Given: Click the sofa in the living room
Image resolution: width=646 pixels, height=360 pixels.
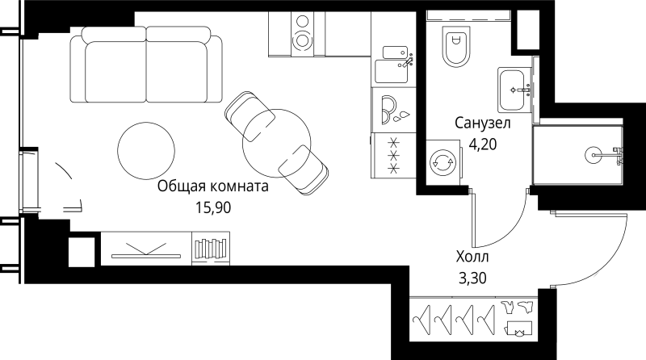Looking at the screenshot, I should pos(146,65).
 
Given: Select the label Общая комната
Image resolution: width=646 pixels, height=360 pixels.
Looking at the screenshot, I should pos(212,186).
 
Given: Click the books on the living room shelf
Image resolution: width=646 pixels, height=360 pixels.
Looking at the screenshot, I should pos(212,247).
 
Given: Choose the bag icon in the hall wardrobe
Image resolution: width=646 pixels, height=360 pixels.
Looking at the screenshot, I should pos(518,329).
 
